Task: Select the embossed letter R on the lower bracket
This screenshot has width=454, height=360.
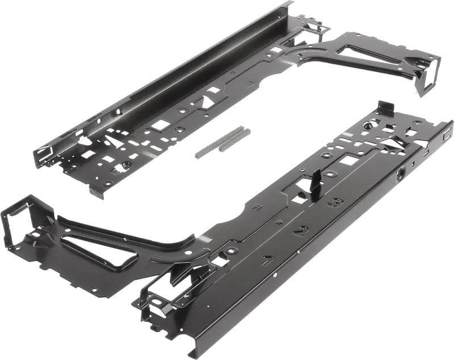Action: click(256, 207)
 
